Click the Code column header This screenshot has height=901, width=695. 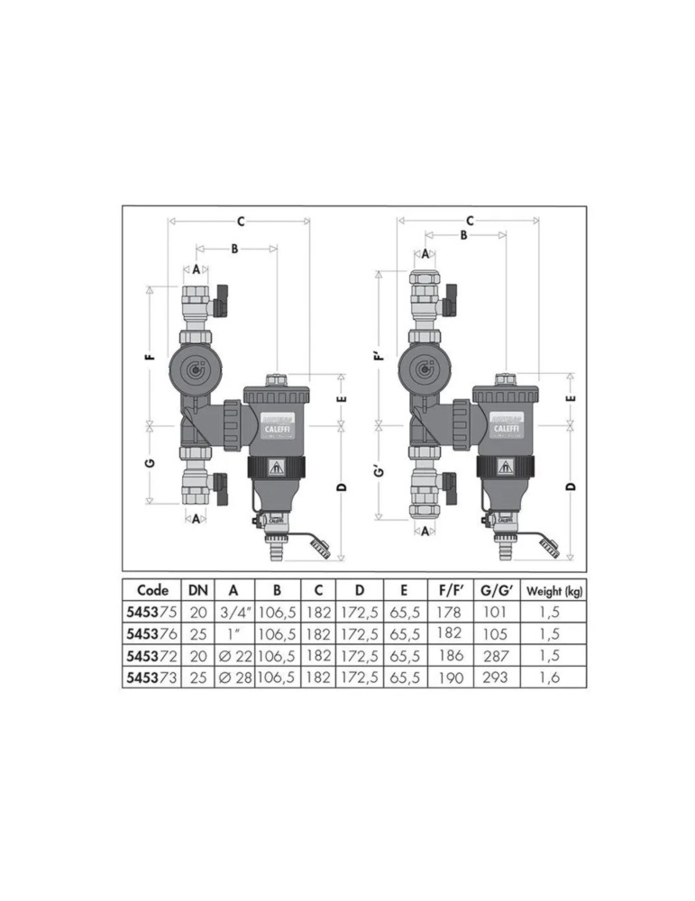153,590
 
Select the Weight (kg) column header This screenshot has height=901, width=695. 554,591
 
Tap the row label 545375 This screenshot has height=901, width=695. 152,612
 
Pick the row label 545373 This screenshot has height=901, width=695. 152,678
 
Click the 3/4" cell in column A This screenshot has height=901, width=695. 235,613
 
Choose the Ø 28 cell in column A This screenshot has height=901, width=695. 235,678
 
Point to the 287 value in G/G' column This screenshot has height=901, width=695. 496,656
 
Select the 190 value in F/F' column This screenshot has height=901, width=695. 450,678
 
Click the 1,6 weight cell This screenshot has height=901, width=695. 549,678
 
